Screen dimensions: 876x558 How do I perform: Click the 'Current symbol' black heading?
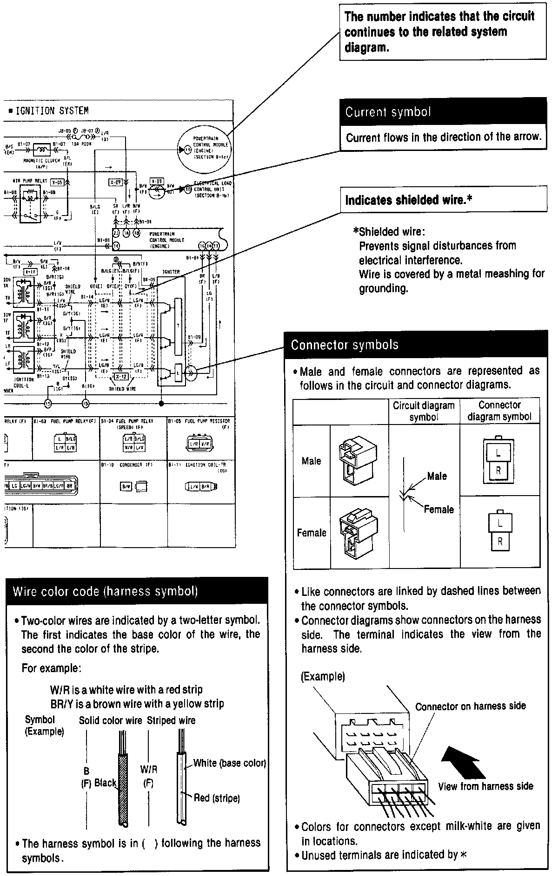pos(388,112)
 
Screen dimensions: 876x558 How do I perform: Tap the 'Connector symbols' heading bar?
pos(345,345)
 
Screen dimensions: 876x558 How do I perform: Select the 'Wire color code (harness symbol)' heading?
pos(105,591)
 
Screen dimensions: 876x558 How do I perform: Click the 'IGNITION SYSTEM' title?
pos(52,111)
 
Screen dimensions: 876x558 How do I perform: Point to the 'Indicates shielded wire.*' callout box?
pos(409,200)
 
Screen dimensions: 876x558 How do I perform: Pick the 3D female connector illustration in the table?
pos(359,532)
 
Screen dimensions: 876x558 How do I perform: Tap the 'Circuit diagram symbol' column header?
pos(424,411)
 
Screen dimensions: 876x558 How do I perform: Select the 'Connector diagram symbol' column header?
pos(499,411)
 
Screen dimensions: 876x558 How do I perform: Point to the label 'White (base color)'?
pos(229,763)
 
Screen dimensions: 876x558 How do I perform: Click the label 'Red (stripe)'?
pos(217,798)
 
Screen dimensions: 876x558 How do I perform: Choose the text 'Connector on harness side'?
pos(471,706)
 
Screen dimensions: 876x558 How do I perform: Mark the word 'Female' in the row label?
pos(312,533)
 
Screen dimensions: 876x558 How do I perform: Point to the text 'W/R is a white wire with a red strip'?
pos(126,689)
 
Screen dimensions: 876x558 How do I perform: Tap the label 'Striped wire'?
pos(171,720)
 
